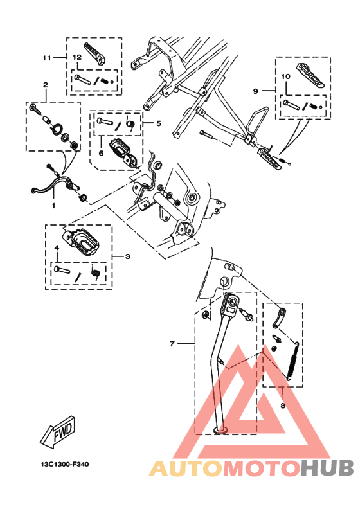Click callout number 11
click(46, 58)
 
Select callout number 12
click(76, 58)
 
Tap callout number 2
click(45, 85)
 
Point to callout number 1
click(53, 205)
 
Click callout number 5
click(159, 122)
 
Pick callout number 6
click(100, 153)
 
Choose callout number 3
click(127, 256)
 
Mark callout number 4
click(56, 247)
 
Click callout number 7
click(172, 344)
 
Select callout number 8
click(282, 406)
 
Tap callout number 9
click(255, 91)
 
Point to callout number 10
click(286, 76)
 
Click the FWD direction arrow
click(57, 433)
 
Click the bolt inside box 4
click(61, 270)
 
